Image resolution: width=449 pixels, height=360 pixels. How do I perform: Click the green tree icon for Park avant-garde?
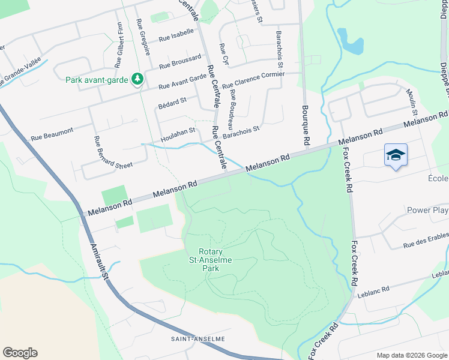pos(137,79)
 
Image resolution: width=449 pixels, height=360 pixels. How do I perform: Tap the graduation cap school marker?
pos(396,155)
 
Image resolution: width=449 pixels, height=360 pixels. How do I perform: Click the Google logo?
pos(20,353)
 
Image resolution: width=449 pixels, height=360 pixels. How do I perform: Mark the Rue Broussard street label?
pos(180,62)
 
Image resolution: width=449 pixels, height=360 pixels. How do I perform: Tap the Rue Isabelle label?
pos(176,35)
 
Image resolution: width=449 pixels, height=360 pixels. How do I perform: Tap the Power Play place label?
pos(427,211)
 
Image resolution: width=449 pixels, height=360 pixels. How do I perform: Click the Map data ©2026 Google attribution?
pos(411,355)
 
